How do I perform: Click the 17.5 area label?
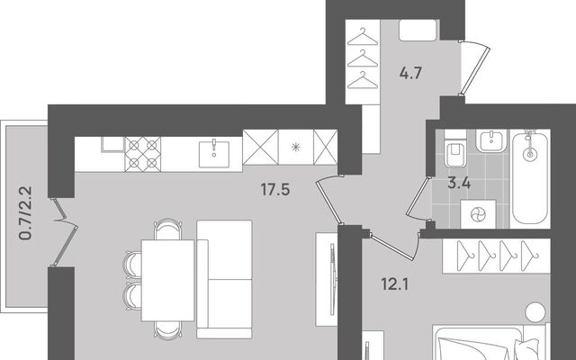coord(275,190)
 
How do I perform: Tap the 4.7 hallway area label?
coord(410,74)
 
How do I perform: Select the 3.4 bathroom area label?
coord(459,183)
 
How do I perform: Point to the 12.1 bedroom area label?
coord(395,284)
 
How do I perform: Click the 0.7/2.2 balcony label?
coord(26,213)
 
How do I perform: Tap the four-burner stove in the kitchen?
coord(143,154)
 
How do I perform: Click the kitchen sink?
coord(214,154)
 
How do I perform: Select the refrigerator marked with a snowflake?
coord(296,147)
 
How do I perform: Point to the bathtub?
coord(530,177)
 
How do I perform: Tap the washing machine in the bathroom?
coord(478,214)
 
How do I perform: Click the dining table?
coord(168,280)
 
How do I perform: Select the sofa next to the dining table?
coord(224,279)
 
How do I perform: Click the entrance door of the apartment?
coord(475,68)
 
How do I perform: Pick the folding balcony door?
coord(65,232)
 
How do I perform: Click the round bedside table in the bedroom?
coord(535,312)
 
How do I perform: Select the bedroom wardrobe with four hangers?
coord(496,256)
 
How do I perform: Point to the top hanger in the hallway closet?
coord(363,38)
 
